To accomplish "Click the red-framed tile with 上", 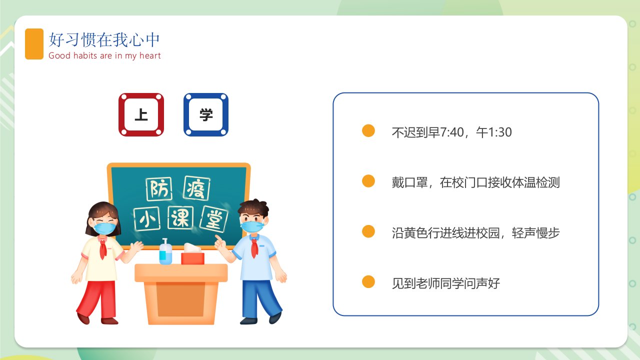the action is pos(141,114).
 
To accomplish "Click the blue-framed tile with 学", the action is pos(206,114).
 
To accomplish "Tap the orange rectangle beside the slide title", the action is pos(34,44).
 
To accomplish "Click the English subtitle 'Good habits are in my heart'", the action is pos(104,55).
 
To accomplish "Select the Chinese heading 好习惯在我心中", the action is pos(104,39).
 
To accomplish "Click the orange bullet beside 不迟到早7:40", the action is pos(368,130).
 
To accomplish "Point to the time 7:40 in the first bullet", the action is pos(451,132).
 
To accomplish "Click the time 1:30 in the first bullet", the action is pos(500,132).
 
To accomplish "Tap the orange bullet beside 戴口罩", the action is pos(368,181).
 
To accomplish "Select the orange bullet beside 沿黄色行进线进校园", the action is pos(368,231).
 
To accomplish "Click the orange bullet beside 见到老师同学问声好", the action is pos(368,281).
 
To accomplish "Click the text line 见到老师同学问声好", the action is pos(445,283).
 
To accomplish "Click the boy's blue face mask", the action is pos(252,226).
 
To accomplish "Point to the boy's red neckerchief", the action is pos(254,247).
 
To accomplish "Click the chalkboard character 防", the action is pos(159,189).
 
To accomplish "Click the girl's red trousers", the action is pos(97,299).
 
